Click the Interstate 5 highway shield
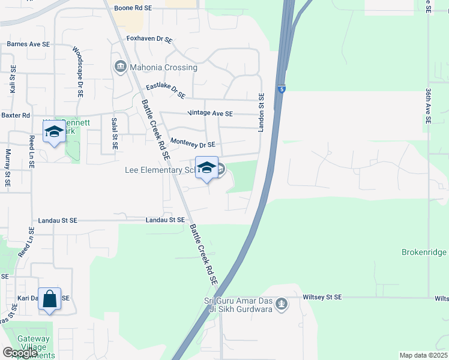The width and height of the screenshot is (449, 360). click(x=281, y=89)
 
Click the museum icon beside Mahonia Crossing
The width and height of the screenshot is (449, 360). click(x=119, y=66)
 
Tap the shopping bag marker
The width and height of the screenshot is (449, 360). click(x=49, y=298)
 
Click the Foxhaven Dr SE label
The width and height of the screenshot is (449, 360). click(x=149, y=39)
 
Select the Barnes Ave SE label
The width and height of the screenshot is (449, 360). click(x=28, y=44)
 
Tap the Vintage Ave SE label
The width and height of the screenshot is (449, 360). click(x=210, y=113)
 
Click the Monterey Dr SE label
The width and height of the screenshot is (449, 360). click(x=193, y=143)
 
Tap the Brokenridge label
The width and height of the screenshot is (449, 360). click(x=424, y=253)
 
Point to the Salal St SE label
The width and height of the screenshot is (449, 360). click(x=114, y=133)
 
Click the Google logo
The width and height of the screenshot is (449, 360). click(x=20, y=353)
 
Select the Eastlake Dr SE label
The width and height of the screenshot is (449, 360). click(x=166, y=91)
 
